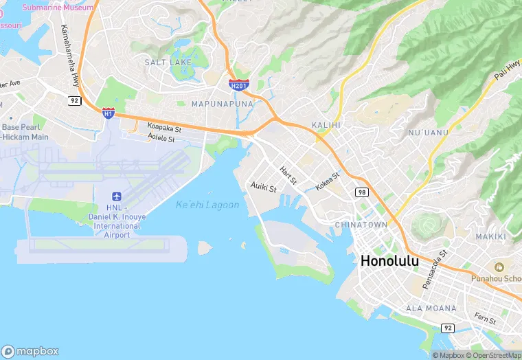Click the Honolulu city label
pos(389,261)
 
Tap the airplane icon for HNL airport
pos(115,196)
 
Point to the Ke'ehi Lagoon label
pos(207,205)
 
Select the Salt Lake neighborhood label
pos(168,63)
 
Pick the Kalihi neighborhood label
pos(326,124)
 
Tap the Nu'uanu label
pos(428,132)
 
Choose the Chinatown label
pos(361,225)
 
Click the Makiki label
pos(490,237)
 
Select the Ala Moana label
pos(431,308)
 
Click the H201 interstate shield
pos(238,85)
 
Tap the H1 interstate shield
pos(108,113)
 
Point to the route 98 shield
pos(361,192)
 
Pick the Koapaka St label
pos(164,128)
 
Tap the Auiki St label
pos(264,186)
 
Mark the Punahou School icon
pos(497,267)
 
